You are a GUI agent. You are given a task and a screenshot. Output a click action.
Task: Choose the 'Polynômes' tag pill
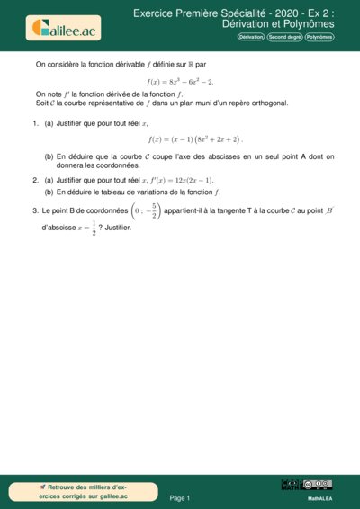pos(319,37)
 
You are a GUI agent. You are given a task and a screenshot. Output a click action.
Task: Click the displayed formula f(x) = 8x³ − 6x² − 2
pos(180,82)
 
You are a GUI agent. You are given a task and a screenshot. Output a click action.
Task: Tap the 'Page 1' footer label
pos(180,497)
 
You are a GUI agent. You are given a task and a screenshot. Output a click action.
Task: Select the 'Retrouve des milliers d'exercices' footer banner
pos(85,491)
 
